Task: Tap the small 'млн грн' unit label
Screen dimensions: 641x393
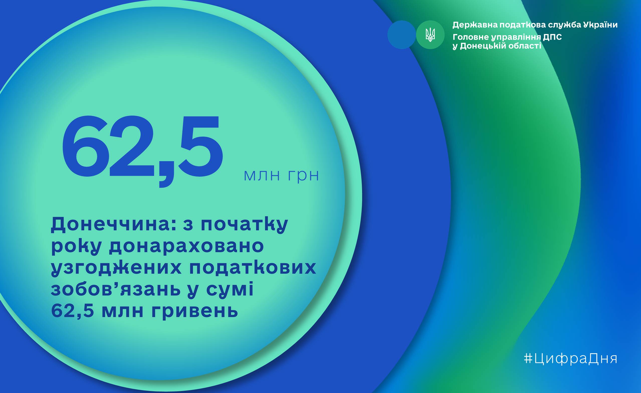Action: click(x=281, y=176)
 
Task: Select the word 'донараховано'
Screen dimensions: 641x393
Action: click(x=186, y=246)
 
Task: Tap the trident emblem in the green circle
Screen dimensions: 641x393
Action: click(x=430, y=35)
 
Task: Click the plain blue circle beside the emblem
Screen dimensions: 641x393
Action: click(x=401, y=35)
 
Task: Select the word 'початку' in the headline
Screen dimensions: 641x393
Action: click(x=244, y=224)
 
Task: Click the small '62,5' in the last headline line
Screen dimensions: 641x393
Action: click(x=72, y=311)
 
